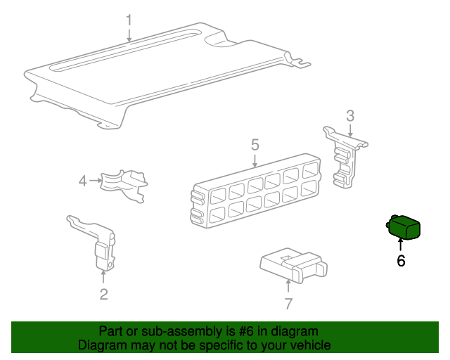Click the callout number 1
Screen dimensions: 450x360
129,20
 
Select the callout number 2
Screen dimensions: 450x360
103,295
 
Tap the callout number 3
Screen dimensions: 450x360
350,116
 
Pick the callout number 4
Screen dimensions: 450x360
83,181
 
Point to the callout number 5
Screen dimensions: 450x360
255,145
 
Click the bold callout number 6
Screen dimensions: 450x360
401,261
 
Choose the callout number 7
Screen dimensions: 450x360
288,304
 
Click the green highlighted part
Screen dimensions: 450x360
403,227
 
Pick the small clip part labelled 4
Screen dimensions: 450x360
124,186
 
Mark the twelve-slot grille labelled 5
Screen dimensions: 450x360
255,191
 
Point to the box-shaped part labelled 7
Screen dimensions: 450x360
292,266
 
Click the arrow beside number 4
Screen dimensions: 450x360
96,181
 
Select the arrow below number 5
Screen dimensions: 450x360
255,161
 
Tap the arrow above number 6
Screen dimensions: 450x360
400,245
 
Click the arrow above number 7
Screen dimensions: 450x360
288,287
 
